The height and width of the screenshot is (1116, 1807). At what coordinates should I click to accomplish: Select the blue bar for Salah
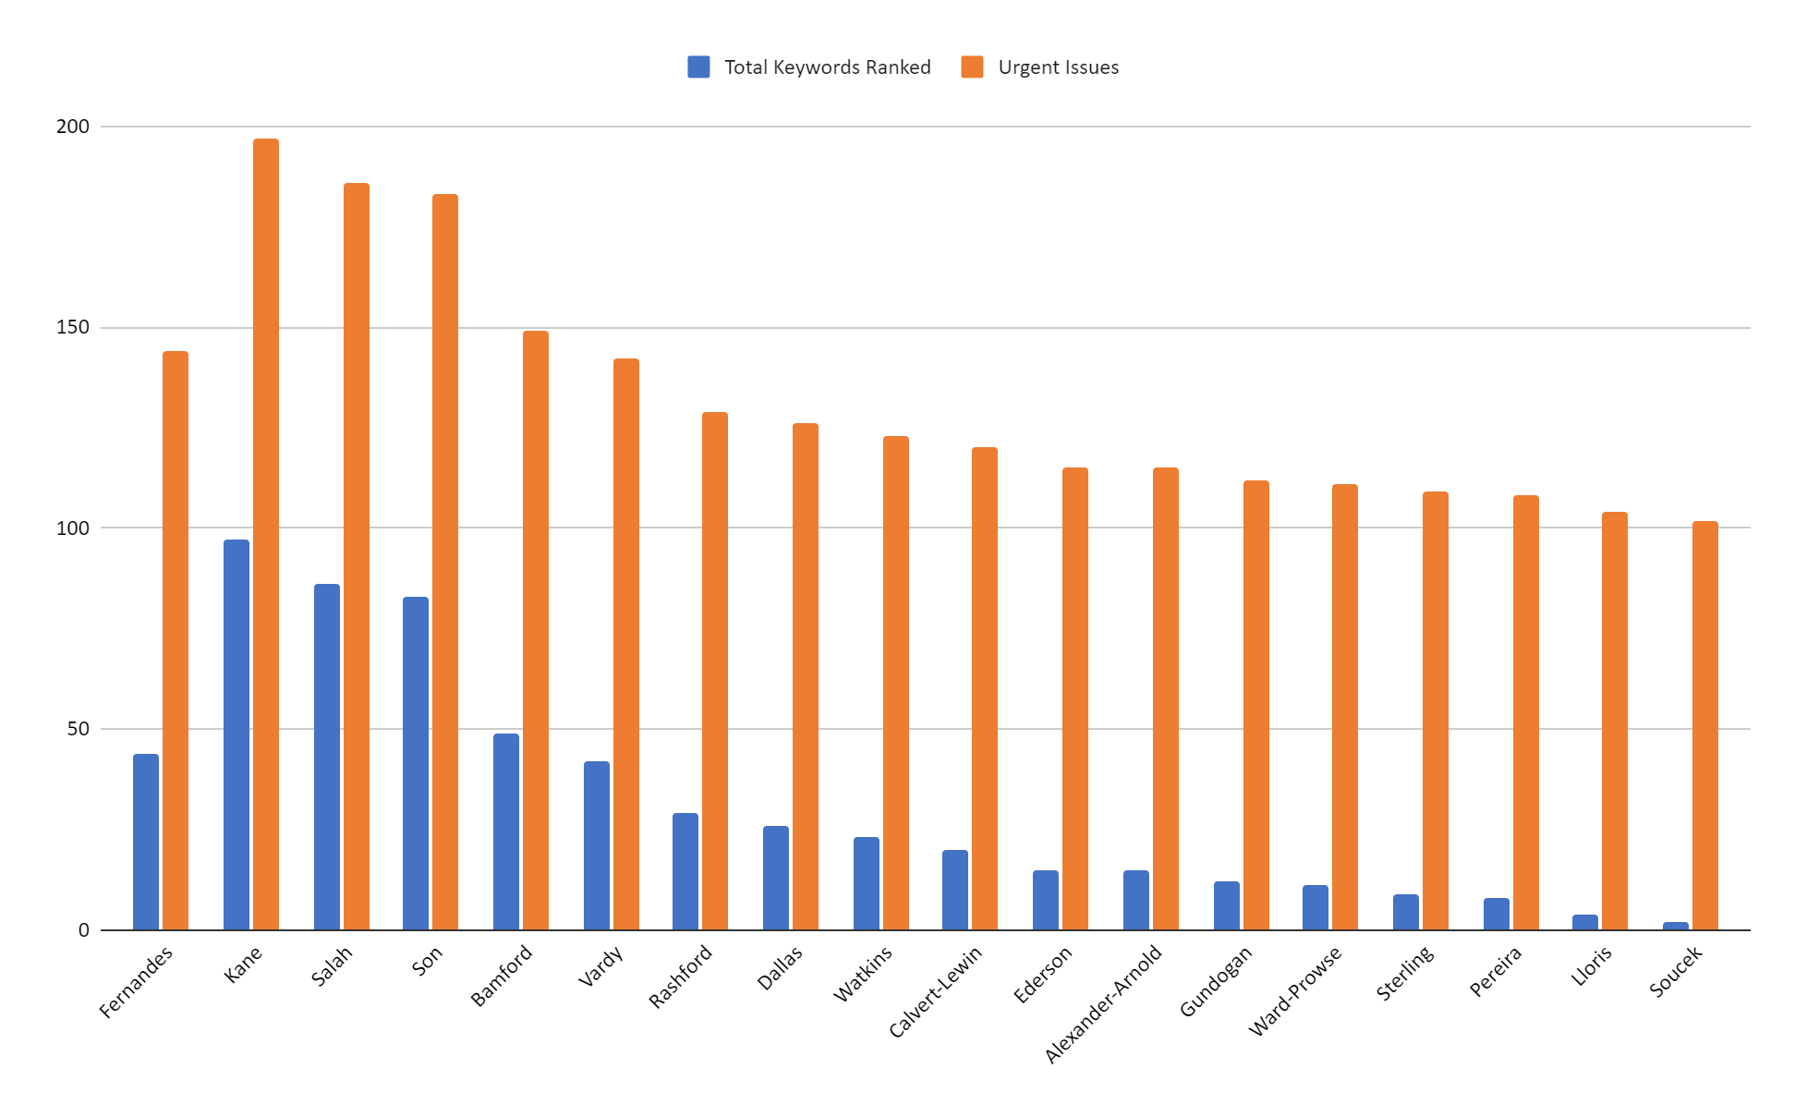(x=327, y=757)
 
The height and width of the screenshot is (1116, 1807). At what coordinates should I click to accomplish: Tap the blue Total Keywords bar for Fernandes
(x=146, y=842)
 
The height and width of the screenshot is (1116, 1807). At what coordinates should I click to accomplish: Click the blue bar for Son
(x=416, y=763)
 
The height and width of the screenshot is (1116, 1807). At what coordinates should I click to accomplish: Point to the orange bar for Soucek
(x=1705, y=725)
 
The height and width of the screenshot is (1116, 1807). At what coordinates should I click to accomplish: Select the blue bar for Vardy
(x=597, y=845)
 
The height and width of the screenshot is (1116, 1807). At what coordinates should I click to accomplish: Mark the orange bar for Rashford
(x=715, y=671)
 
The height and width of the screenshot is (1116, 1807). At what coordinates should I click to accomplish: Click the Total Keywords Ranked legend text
(x=827, y=67)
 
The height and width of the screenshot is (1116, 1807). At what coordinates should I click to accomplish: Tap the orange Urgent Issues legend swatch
(x=972, y=67)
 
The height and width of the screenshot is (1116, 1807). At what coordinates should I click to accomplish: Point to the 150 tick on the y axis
(x=73, y=328)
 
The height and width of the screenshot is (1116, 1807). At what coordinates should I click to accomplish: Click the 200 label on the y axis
(x=73, y=127)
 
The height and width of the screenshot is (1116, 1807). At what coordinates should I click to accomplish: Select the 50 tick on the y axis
(x=79, y=729)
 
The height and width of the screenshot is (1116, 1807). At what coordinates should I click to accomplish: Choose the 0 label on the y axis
(x=84, y=930)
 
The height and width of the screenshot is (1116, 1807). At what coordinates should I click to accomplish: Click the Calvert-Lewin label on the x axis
(x=936, y=991)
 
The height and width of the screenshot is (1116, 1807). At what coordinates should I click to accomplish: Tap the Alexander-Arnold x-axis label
(x=1103, y=1003)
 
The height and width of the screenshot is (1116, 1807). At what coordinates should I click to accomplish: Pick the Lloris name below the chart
(x=1592, y=965)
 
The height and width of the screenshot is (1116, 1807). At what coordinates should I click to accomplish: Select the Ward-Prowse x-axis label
(x=1295, y=990)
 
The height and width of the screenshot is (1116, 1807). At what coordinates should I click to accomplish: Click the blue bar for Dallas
(x=776, y=878)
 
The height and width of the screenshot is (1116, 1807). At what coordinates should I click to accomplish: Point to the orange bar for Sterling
(x=1436, y=710)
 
